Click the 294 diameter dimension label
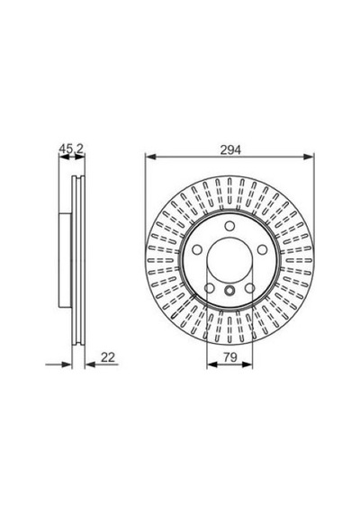point(230,149)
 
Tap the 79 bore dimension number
point(230,357)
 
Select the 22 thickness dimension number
point(108,357)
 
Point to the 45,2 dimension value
point(71,148)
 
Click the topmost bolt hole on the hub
point(229,226)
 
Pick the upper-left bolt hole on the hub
point(197,250)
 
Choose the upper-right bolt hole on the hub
point(263,250)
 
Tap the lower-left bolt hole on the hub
point(210,288)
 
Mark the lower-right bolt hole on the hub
point(249,288)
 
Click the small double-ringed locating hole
point(229,290)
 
